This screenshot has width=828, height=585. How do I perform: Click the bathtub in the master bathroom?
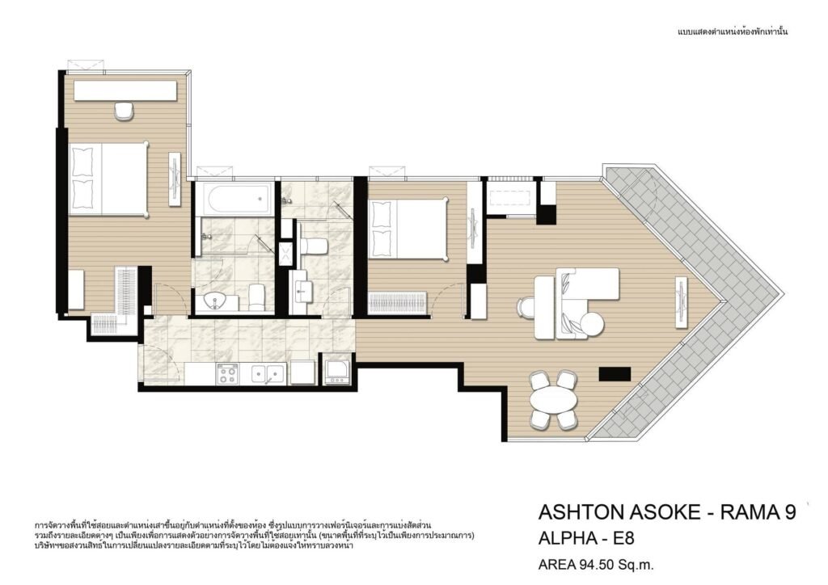(x=241, y=200)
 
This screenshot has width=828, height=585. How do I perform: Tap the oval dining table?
(x=553, y=400)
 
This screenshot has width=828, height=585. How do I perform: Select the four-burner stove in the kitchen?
(x=227, y=374)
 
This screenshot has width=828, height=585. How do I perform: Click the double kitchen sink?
(x=267, y=374)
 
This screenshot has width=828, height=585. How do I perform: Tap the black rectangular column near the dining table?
(x=615, y=374)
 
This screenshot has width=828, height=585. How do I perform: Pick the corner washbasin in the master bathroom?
(x=217, y=301)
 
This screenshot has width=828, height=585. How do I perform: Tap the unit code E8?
(x=623, y=538)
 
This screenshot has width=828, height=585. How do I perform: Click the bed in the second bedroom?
(x=409, y=229)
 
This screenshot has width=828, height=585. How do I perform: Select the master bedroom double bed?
(x=108, y=179)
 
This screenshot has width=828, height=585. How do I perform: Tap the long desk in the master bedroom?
(x=125, y=90)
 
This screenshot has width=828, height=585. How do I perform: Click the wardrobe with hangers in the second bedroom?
(x=398, y=304)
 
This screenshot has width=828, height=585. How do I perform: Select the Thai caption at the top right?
(x=733, y=32)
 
